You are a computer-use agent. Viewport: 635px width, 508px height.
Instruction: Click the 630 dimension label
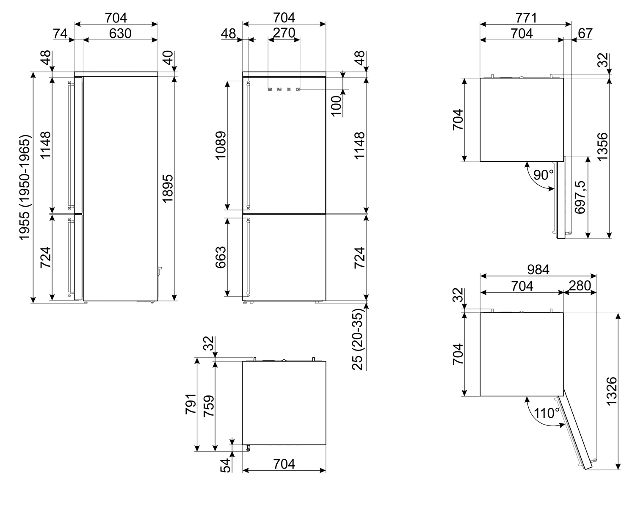120,33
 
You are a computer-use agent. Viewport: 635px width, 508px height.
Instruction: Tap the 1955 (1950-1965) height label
25,188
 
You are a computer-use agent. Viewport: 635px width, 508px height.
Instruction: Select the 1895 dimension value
168,188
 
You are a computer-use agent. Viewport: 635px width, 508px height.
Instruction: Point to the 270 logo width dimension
284,33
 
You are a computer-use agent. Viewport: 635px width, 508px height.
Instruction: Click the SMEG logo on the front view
284,89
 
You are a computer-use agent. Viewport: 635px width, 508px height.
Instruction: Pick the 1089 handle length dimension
221,145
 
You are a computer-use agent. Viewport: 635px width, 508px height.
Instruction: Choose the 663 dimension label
221,257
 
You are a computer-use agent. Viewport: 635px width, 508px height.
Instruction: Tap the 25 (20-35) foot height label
357,339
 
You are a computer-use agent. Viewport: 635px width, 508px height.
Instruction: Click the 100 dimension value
336,106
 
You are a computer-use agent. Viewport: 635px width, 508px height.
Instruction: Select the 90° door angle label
544,175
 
